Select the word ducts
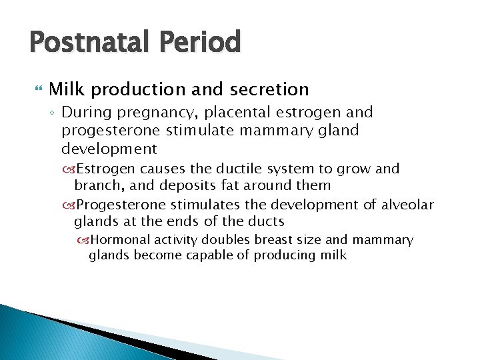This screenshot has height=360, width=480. (266, 221)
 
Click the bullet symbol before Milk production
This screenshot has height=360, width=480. (36, 89)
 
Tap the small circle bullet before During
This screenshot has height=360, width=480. (53, 113)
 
